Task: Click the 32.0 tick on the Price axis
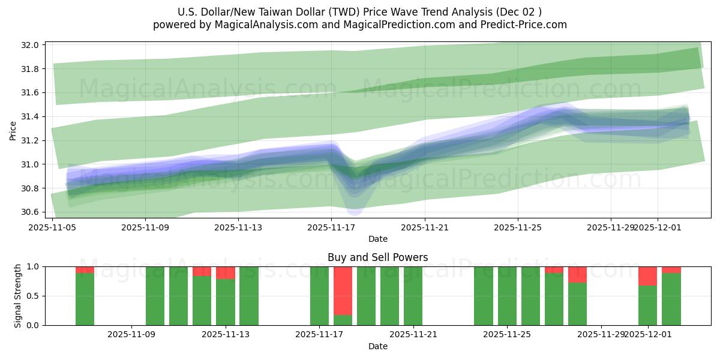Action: click(31, 45)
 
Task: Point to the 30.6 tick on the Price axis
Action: click(31, 212)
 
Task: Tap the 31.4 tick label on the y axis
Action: click(31, 116)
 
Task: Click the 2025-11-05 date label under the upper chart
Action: click(52, 227)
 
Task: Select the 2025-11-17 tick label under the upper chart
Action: click(331, 227)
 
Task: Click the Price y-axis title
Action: click(13, 130)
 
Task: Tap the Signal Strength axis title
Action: click(18, 295)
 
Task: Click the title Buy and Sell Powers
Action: click(377, 257)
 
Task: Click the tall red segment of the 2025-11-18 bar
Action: click(343, 290)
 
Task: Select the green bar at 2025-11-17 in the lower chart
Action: click(319, 296)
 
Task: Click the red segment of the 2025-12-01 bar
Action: click(647, 276)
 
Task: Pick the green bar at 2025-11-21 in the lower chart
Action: click(413, 296)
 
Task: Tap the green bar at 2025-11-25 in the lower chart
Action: click(507, 296)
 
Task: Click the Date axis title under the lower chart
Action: click(377, 346)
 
